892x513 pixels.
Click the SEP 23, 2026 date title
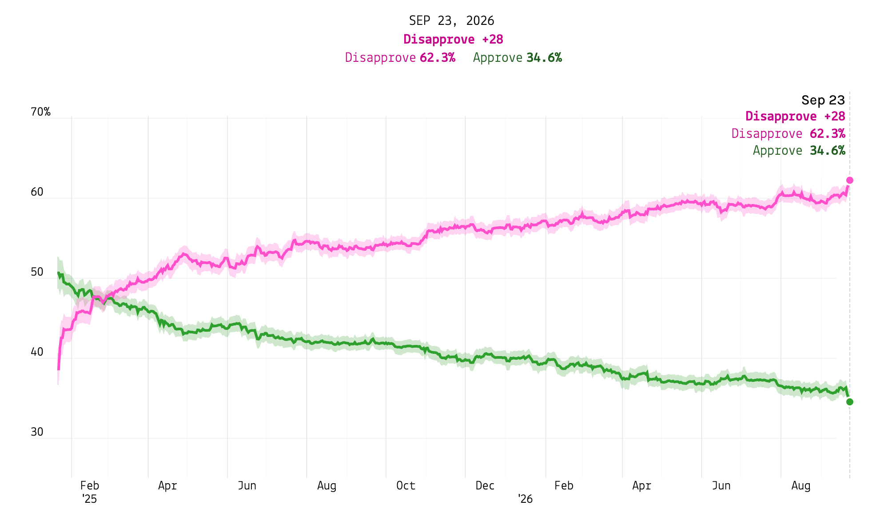[451, 21]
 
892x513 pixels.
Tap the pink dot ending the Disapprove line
[850, 180]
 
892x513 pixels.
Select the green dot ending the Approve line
[850, 402]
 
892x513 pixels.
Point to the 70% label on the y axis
[40, 112]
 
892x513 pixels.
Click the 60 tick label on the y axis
[37, 192]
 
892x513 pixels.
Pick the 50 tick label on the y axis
[37, 272]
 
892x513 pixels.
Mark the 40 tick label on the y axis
[37, 352]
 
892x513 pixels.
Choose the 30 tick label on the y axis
[37, 432]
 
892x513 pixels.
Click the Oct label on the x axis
[406, 485]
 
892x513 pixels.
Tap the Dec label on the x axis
[485, 485]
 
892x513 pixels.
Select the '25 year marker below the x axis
[89, 499]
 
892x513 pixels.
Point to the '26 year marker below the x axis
[525, 499]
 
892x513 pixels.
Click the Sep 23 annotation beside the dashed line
[823, 100]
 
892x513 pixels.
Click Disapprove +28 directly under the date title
[453, 40]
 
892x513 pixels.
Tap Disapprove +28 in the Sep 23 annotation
[795, 116]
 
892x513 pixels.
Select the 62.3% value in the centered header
[438, 58]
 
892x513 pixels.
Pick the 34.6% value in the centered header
[544, 58]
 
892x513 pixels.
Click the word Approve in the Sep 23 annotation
[777, 151]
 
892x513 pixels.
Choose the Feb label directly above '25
[89, 485]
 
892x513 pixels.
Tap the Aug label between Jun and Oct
[327, 485]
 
